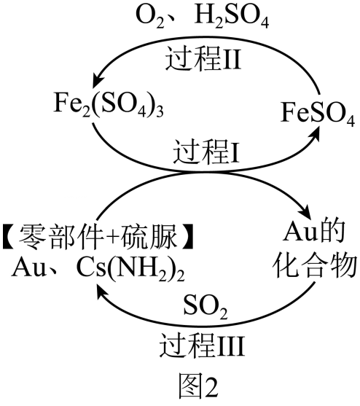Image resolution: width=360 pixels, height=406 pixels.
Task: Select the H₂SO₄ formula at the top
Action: click(x=232, y=17)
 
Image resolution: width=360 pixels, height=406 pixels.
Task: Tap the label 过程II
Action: click(x=203, y=58)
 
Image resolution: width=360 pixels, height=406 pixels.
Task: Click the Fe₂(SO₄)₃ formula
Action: click(x=109, y=104)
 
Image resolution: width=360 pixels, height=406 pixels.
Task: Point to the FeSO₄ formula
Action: click(x=318, y=114)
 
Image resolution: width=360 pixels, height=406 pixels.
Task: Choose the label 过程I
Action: click(x=206, y=152)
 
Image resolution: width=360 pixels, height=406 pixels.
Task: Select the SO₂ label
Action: click(x=206, y=307)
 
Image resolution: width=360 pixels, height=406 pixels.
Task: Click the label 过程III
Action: click(x=202, y=346)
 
